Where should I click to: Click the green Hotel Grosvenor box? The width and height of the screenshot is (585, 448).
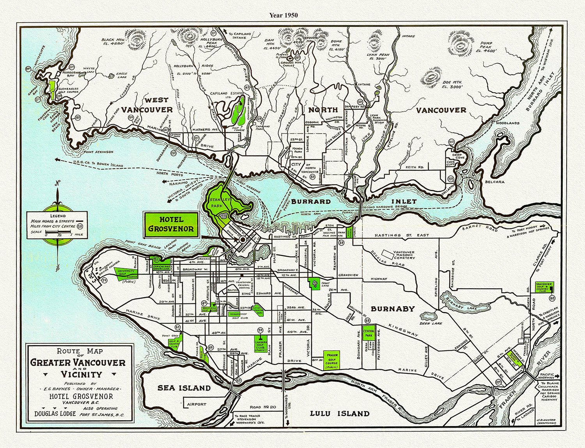(170, 225)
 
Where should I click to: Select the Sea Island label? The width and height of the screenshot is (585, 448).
(184, 388)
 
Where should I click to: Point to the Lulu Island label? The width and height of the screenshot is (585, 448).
(339, 413)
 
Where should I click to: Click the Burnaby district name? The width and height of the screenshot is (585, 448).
(392, 309)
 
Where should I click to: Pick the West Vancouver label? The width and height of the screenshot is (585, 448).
(147, 105)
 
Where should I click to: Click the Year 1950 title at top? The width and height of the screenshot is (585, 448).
(283, 15)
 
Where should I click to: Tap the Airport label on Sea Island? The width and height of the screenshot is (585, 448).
(196, 404)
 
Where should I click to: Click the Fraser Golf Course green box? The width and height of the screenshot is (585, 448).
(331, 360)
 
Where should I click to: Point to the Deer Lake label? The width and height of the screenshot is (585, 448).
(431, 323)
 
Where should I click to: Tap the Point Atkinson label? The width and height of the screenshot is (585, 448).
(98, 152)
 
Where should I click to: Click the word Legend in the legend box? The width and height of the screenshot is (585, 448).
(58, 216)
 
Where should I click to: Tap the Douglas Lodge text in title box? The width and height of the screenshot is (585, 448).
(55, 413)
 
